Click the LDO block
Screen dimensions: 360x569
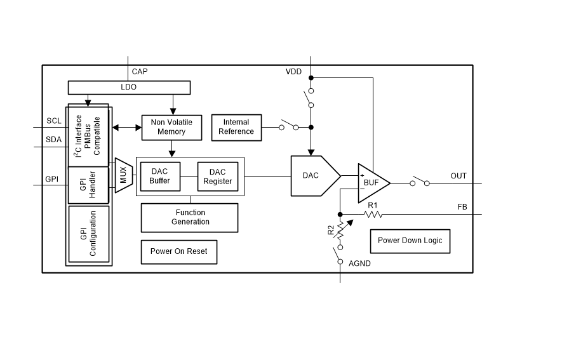[128, 88]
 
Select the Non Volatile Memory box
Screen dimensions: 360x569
[171, 127]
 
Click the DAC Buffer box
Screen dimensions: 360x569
[160, 177]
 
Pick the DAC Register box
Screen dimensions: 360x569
[217, 177]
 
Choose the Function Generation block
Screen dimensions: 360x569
[190, 217]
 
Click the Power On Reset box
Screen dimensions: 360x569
[178, 251]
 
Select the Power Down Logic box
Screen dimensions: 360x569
[410, 241]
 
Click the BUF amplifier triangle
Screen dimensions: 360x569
[371, 183]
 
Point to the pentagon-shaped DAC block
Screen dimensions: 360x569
[313, 175]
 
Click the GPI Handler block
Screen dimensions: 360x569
[88, 185]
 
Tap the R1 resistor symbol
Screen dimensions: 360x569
[373, 214]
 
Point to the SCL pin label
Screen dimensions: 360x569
[54, 121]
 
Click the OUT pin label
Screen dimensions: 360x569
[459, 176]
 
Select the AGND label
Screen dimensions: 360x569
[359, 263]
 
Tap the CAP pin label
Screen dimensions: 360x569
[140, 72]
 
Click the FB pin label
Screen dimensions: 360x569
[462, 207]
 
